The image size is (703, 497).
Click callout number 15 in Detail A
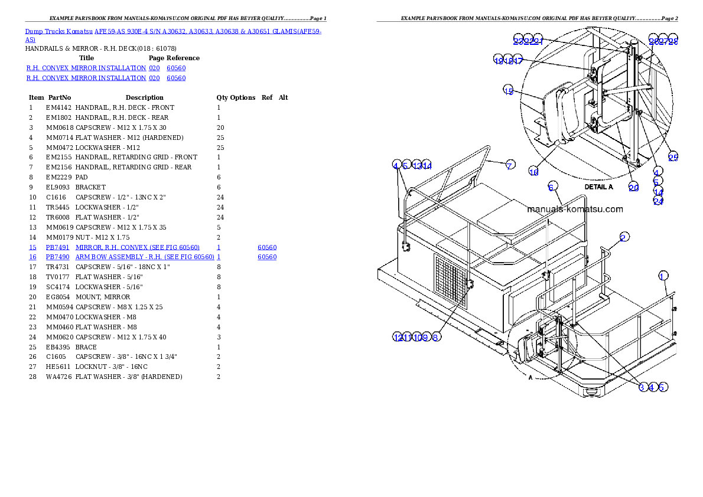509,90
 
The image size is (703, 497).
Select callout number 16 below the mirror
533,172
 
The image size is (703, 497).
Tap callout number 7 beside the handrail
509,165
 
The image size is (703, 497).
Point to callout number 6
551,187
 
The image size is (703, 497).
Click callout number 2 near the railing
623,237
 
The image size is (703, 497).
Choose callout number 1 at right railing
663,276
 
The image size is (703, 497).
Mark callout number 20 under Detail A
633,187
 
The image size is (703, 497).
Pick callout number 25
673,156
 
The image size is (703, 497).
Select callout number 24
658,201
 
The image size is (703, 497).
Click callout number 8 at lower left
435,337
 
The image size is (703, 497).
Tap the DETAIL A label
598,187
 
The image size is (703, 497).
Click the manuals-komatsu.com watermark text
574,209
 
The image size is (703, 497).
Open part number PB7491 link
58,247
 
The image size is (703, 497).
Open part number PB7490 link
58,257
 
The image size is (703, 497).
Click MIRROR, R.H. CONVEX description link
137,247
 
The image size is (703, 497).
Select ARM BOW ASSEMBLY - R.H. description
144,257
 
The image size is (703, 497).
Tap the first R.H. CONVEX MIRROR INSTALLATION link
86,68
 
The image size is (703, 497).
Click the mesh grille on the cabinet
450,282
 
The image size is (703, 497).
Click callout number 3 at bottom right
643,387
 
